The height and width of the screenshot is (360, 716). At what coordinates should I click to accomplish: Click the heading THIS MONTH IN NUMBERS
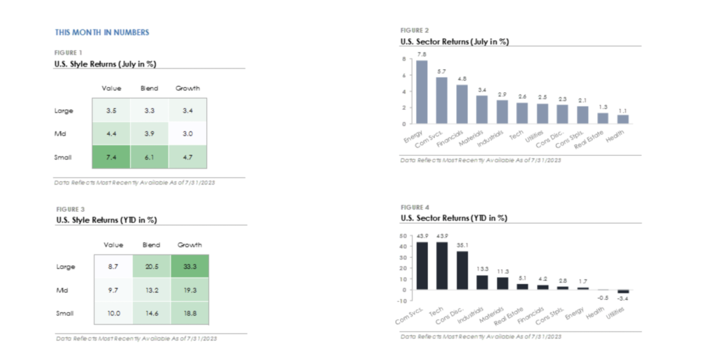[102, 32]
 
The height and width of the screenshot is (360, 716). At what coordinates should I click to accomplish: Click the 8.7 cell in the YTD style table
[112, 266]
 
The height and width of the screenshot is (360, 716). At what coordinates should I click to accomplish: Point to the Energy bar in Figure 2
[422, 92]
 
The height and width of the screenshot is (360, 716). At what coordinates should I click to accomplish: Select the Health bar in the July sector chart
[623, 119]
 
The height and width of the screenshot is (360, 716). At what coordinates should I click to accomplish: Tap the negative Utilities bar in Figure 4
[624, 291]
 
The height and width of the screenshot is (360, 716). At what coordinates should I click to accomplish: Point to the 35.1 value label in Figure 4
[462, 245]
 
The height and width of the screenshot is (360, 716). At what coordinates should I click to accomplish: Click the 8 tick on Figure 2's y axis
[403, 59]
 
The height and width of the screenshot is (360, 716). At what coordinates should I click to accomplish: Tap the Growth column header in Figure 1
[187, 88]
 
